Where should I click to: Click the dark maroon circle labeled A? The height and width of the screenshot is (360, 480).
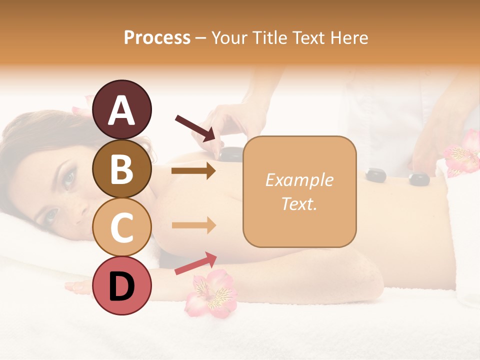122,110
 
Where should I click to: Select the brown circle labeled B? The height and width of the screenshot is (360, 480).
122,169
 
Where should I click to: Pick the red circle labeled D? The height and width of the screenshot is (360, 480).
122,285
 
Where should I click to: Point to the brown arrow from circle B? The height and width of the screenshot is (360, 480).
193,171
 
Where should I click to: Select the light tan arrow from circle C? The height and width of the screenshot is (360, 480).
193,225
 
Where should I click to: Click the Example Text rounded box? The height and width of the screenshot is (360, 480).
299,192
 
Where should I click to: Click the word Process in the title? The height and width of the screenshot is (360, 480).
157,37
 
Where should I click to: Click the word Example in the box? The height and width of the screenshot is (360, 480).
299,180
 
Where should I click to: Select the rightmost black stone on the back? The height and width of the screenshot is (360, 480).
418,178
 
